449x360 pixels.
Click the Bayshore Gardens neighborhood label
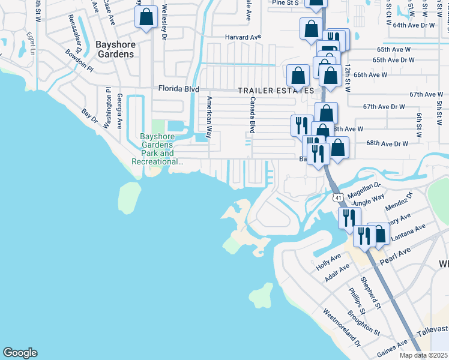click(115, 49)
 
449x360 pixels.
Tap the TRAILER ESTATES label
click(276, 91)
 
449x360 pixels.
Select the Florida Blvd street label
click(178, 89)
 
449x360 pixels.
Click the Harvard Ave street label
click(244, 37)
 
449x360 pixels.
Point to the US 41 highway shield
click(338, 197)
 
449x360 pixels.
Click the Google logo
click(20, 353)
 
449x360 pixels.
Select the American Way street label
click(209, 117)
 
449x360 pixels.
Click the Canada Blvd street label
click(253, 115)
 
